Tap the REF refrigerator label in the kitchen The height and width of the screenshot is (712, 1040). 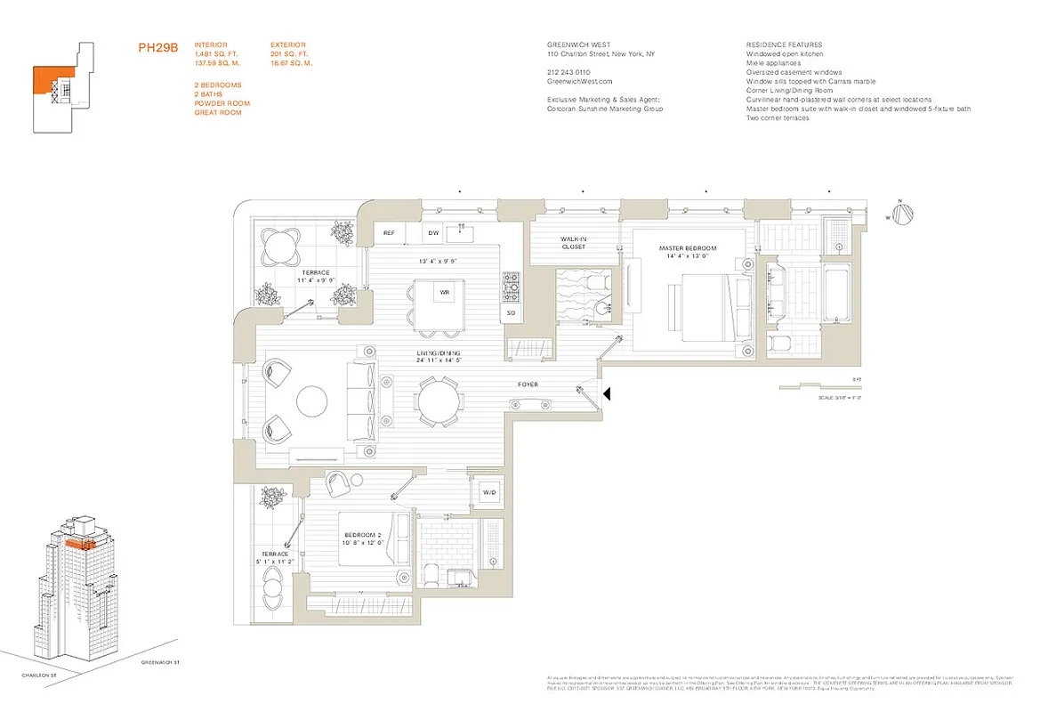click(389, 233)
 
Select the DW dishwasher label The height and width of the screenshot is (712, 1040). click(433, 233)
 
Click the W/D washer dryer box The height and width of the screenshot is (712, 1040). click(489, 492)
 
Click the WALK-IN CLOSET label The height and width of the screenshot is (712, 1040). click(573, 243)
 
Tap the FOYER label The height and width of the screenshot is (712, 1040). click(528, 384)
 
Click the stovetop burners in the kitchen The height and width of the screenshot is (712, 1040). click(512, 285)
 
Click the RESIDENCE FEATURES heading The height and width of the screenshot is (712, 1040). click(784, 44)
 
